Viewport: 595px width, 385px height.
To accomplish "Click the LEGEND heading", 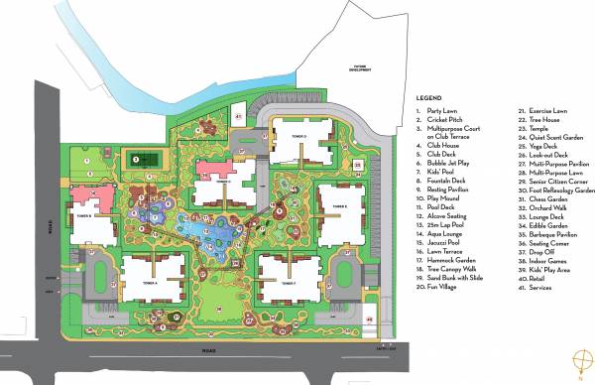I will tap(429, 97).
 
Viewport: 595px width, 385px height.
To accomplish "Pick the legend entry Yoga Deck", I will tap(535, 147).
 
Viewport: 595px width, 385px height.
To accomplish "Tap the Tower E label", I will tap(339, 206).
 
